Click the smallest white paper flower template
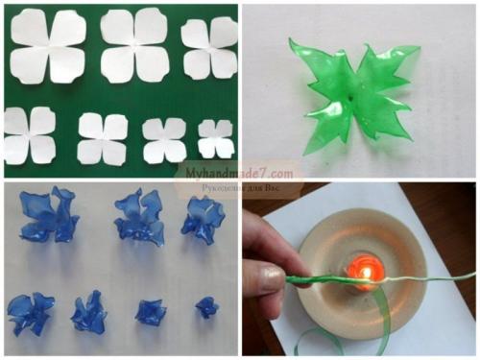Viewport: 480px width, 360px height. tap(216, 138)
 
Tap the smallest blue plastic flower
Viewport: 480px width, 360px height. tap(207, 307)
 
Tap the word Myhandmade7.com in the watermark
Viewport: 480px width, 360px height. tap(239, 174)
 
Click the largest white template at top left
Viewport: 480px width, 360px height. tap(49, 46)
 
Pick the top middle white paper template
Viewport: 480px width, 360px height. tap(134, 45)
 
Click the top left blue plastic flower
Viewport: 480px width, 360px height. tap(49, 214)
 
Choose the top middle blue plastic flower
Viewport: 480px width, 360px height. tap(140, 216)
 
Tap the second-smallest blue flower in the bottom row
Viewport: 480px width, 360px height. tap(151, 311)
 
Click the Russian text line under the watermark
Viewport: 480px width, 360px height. tap(241, 187)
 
